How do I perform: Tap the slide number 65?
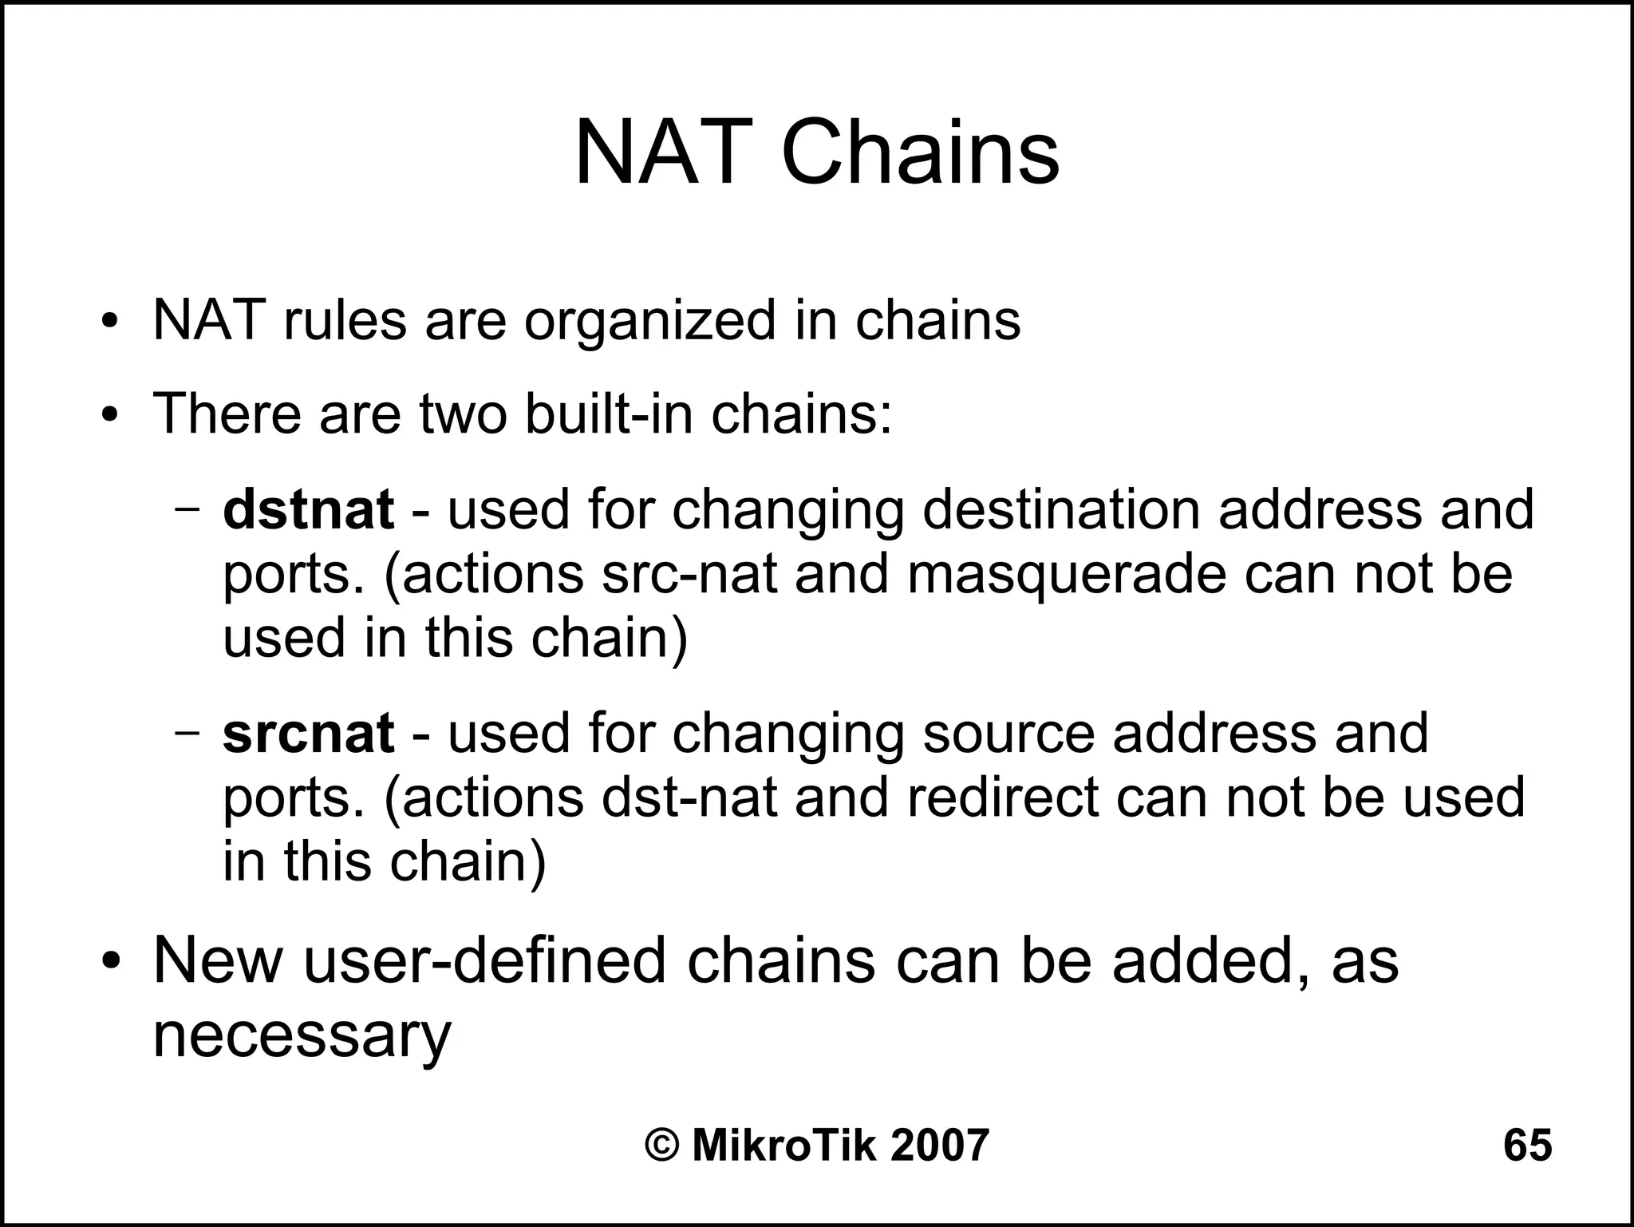(1527, 1145)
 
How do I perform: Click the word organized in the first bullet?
(649, 321)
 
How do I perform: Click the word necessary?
(302, 1036)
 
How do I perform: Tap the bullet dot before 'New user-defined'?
(110, 960)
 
